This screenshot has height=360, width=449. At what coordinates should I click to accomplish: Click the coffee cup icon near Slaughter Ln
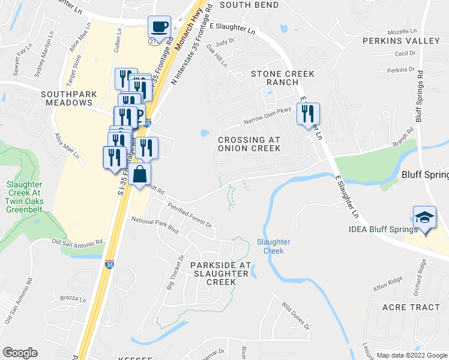point(159,27)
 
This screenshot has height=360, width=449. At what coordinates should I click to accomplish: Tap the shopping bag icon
point(139,175)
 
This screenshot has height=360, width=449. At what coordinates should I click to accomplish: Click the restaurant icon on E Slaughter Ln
point(308,113)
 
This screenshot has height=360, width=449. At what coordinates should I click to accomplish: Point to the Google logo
point(20,353)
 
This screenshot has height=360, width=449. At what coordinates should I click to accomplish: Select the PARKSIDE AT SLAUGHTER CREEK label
point(220,273)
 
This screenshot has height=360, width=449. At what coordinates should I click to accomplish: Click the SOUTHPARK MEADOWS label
point(67,98)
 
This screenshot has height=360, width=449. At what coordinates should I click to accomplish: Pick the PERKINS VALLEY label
point(402,41)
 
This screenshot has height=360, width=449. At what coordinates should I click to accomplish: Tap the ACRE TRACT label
point(411,307)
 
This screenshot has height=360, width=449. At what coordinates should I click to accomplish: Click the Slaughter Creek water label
point(274,246)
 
